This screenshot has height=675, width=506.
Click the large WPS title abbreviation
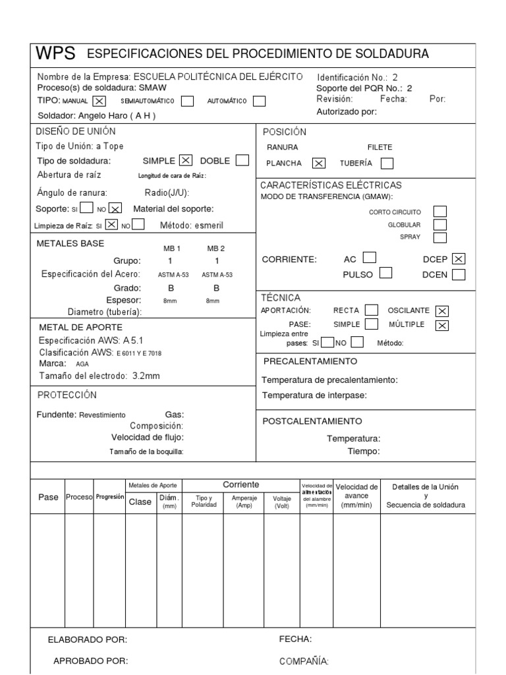pos(56,53)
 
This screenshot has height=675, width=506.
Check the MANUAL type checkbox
pos(99,102)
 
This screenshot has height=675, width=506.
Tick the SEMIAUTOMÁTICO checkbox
pos(187,102)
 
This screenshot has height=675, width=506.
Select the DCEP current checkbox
pos(459,259)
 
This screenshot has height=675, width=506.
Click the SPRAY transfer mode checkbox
pos(439,237)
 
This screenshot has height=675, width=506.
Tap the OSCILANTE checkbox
pos(443,310)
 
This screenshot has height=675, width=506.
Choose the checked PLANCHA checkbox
pos(319,163)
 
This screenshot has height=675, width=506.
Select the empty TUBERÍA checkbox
pos(387,163)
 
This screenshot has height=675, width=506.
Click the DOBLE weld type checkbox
pos(242,160)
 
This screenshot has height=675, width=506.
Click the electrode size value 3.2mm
pos(146,376)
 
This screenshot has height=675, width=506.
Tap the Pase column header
pos(48,497)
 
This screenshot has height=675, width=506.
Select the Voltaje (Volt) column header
pos(281,502)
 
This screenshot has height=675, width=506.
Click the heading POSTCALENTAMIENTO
pos(312,421)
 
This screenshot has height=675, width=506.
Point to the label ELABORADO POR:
pos(88,639)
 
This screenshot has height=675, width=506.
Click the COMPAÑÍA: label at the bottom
pos(304,661)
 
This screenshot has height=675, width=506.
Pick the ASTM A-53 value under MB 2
pos(217,274)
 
